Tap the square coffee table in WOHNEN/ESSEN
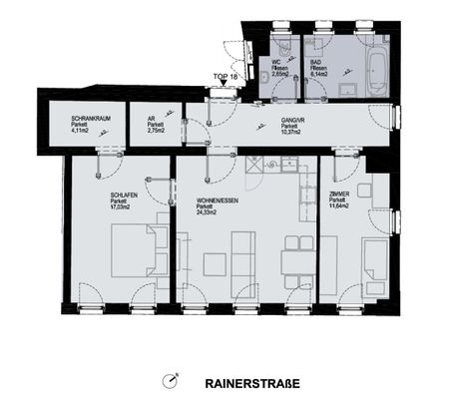[215, 264]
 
